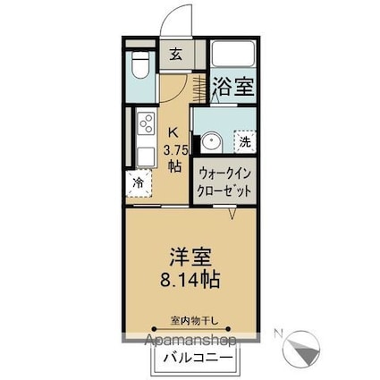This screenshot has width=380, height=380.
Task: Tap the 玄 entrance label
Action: (175, 53)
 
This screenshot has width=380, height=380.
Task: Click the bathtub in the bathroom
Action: (234, 56)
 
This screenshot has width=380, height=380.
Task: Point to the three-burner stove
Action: (145, 122)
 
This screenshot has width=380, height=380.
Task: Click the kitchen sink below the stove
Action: (144, 152)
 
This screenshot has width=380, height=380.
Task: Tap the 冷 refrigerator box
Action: (139, 182)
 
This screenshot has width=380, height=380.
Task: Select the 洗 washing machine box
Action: (242, 140)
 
